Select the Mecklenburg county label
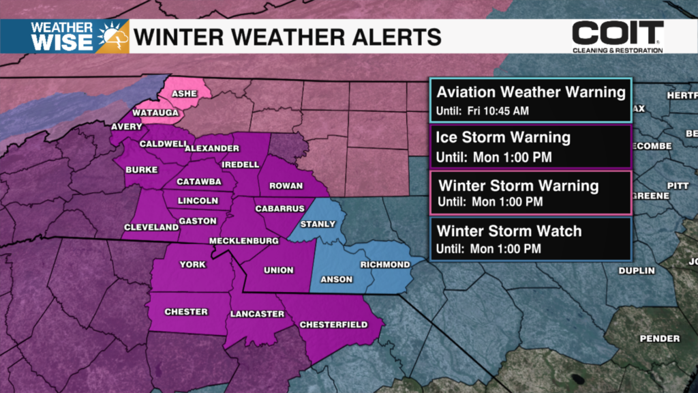pos(244,242)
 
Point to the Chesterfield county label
pos(334,324)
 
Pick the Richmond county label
pos(385,265)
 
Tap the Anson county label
pos(337,278)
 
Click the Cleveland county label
pos(151,227)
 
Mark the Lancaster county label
pos(258,314)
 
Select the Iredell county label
pos(241,164)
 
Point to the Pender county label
pos(659,338)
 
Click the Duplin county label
pos(636,271)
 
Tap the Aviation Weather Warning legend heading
pos(530,92)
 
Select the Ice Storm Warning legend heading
pos(503,137)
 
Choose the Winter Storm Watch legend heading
pos(509,231)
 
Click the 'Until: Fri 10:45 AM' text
pos(483,111)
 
